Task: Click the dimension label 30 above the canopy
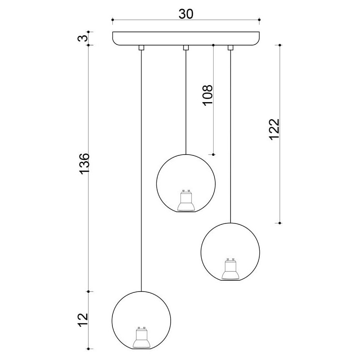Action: tap(186, 14)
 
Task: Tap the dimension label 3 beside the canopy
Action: tap(83, 38)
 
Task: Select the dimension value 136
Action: tap(84, 164)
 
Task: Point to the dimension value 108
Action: tap(208, 95)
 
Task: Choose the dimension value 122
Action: tap(274, 129)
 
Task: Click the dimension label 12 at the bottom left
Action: tap(83, 320)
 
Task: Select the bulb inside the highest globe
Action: tap(186, 200)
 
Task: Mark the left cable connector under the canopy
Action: tap(141, 47)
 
